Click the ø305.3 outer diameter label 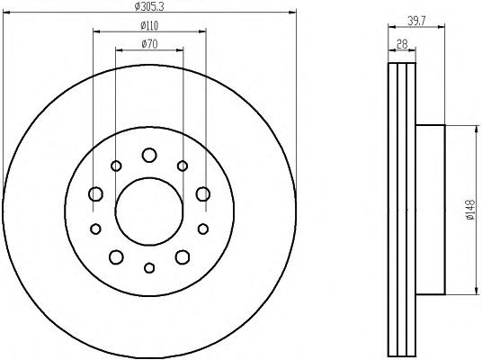tap(149, 6)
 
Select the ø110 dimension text tap(149, 26)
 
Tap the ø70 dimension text tap(149, 44)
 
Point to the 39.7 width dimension tap(416, 21)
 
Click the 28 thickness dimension tap(402, 44)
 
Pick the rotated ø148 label tap(470, 211)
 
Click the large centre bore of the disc tap(149, 211)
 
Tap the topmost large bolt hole tap(149, 155)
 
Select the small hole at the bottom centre tap(149, 267)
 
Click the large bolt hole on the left tap(95, 193)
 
